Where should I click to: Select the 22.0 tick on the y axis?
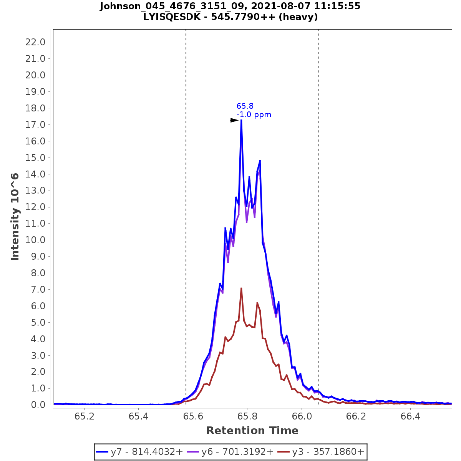click(x=35, y=42)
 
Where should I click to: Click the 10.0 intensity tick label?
click(x=35, y=240)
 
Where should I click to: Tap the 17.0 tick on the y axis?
click(x=35, y=124)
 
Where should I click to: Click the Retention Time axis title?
click(x=252, y=431)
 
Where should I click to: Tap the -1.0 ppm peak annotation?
click(x=254, y=114)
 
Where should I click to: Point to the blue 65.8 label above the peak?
click(x=245, y=106)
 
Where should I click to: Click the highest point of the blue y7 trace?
click(x=241, y=120)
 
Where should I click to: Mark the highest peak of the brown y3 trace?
click(x=241, y=288)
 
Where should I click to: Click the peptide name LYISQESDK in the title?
click(x=171, y=17)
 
